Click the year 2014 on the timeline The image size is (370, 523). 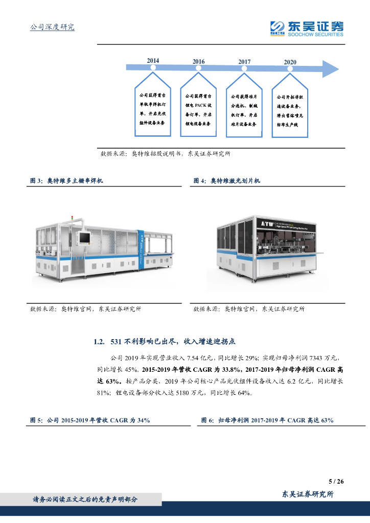153,61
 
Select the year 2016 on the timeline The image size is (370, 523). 199,62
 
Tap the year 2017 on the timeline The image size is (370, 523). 244,62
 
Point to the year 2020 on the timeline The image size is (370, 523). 290,62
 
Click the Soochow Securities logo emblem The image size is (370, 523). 277,29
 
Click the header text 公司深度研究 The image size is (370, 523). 53,27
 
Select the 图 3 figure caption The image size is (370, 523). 67,181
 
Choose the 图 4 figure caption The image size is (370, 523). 227,181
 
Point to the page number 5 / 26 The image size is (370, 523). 336,481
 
